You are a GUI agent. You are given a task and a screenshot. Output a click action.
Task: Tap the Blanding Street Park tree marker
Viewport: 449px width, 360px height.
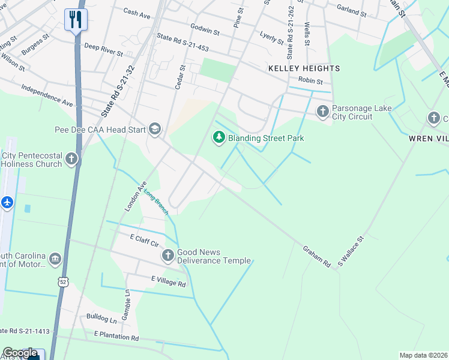[219, 138]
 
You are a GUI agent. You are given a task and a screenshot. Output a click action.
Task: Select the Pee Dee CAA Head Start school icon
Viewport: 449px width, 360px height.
[155, 129]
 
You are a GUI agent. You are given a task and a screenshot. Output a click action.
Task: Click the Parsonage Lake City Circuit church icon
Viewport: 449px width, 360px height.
[323, 111]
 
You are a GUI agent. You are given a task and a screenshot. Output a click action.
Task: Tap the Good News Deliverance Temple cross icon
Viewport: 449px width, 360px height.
[168, 256]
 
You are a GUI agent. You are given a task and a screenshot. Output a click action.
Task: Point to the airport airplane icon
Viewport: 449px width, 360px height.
[7, 203]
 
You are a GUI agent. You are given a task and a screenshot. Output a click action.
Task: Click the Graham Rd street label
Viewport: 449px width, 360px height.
[316, 256]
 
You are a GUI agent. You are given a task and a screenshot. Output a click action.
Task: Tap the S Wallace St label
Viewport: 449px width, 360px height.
[351, 251]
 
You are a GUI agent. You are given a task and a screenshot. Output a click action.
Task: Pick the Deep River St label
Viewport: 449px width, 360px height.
[103, 49]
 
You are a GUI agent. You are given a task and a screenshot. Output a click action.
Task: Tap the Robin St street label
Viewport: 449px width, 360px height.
[310, 81]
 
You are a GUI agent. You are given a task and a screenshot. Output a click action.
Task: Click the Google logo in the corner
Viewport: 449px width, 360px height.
[20, 353]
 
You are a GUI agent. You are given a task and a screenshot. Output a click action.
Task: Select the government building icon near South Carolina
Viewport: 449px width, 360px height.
[55, 259]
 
